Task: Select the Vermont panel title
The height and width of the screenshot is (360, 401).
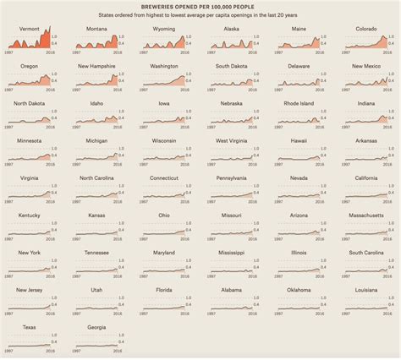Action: pos(30,29)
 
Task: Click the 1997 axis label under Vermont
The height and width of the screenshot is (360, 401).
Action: pos(10,52)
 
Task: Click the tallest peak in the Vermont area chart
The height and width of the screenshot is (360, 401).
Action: pos(50,29)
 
